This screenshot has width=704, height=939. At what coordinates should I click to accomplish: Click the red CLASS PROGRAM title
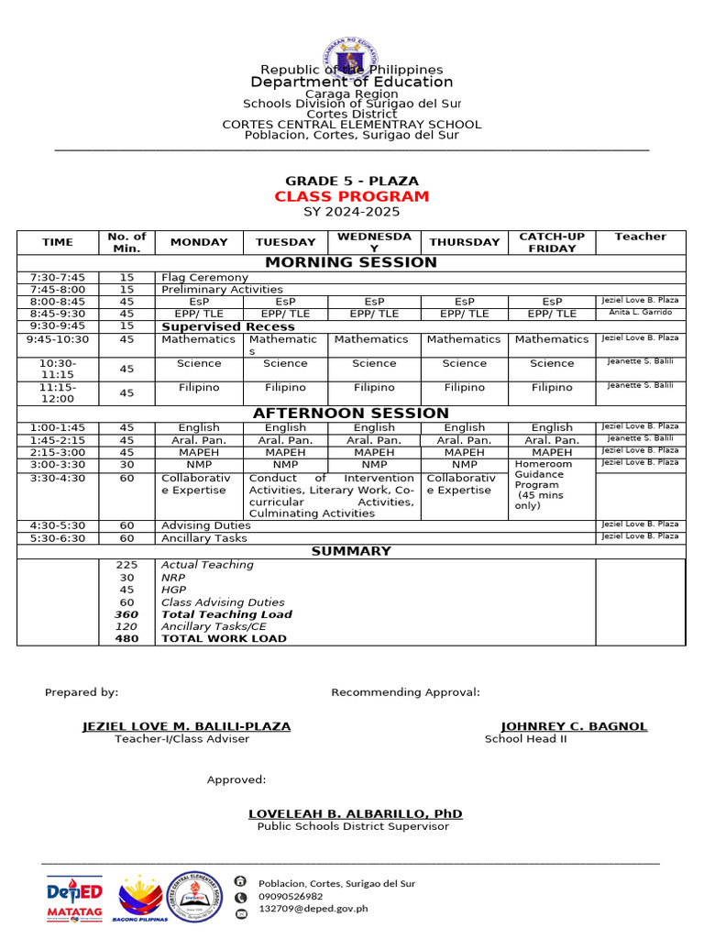coord(351,196)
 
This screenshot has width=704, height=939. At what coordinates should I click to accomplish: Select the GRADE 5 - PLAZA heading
coord(351,181)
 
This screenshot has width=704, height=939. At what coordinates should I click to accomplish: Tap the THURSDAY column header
coord(465,242)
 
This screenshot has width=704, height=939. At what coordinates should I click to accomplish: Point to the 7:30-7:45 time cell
coord(57,277)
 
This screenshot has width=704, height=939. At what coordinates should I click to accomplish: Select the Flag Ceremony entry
coord(204,277)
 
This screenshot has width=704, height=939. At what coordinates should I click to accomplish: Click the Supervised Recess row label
coord(227,326)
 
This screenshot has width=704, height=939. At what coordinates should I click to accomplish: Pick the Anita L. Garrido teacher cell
coord(640,313)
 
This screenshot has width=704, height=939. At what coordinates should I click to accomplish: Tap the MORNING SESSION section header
coord(351,262)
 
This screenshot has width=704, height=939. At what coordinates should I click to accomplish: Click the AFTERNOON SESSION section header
coord(351,414)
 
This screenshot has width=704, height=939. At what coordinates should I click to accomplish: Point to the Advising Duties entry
coord(205,525)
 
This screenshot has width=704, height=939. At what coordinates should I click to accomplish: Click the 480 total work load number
coord(126,638)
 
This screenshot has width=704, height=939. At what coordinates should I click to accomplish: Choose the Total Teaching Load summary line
coord(226,614)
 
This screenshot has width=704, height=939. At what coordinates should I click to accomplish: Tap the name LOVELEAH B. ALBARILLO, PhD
coord(355,813)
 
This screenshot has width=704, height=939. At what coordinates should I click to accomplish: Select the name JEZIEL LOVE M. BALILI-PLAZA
coord(186,726)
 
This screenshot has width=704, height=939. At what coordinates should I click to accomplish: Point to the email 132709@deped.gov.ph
coord(313,909)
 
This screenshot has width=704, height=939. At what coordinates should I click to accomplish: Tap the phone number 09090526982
coord(291,896)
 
